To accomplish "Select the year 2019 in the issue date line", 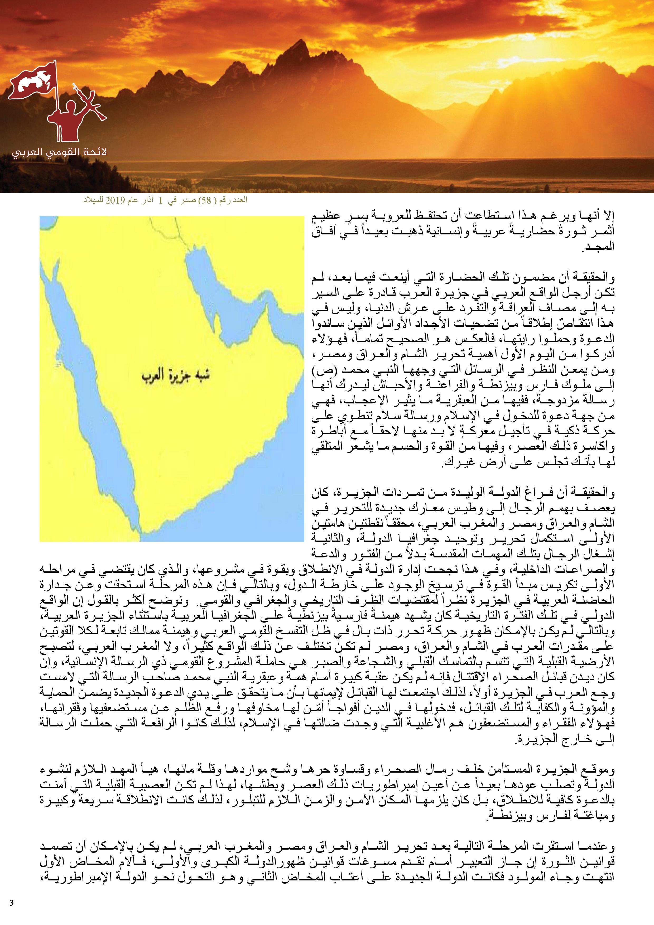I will (114, 201).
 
